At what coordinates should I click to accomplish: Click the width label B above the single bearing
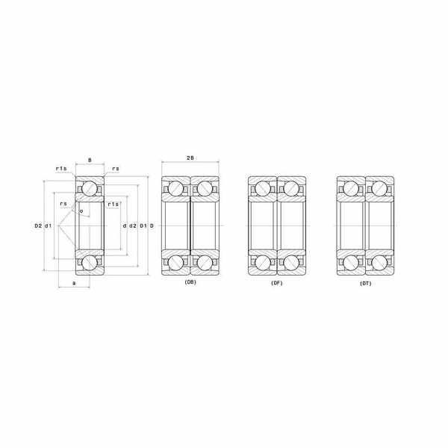pos(90,161)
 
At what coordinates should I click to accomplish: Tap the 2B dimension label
pos(190,158)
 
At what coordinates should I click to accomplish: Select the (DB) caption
pos(190,282)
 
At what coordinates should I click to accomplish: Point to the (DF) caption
pos(276,283)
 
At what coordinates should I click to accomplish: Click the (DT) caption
pos(366,284)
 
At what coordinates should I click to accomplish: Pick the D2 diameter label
pos(38,225)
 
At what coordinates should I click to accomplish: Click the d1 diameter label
pos(48,225)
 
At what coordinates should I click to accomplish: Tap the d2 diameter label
pos(133,225)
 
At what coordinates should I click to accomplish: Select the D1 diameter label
pos(143,225)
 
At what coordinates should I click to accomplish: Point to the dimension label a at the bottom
pos(74,283)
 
